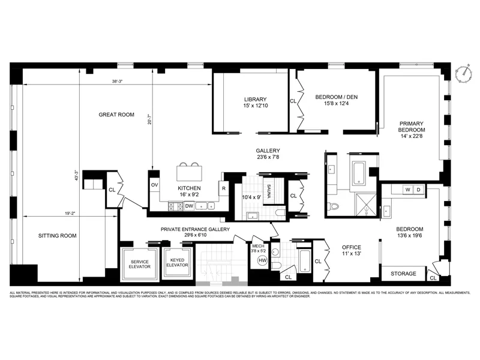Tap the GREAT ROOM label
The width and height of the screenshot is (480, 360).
pos(116,115)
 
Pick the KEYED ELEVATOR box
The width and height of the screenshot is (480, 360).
pos(177,263)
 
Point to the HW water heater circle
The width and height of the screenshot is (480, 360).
pos(262,260)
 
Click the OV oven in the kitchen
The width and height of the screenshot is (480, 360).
pos(154,185)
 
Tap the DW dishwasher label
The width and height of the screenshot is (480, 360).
pos(188,206)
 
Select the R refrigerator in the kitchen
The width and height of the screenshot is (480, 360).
pos(223,188)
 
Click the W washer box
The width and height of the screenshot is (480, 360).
pos(407,190)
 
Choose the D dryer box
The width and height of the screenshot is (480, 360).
pos(419,190)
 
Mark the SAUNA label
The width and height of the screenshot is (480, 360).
pos(269,191)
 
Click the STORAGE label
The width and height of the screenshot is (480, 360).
pos(403,274)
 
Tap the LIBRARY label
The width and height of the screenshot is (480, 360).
pos(255,100)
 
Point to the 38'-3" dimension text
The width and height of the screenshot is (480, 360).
pos(118,82)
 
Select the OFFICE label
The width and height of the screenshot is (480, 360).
pos(352,247)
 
